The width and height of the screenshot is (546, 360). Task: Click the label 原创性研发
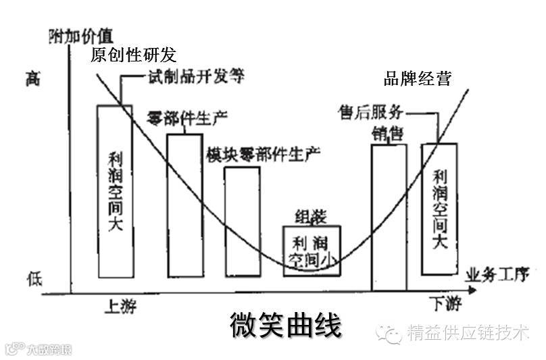133,55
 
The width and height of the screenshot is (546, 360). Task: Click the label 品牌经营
417,78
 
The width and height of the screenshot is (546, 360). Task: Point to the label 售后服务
371,111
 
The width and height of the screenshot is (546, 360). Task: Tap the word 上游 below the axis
121,307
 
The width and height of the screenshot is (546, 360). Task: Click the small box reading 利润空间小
312,251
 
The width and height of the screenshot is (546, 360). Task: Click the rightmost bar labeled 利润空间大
439,209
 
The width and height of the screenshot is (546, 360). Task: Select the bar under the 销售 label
389,216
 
